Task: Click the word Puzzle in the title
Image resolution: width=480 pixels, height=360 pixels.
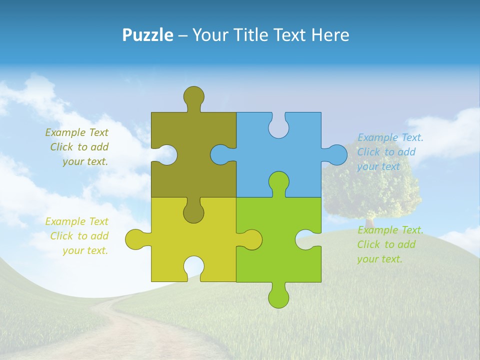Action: coord(147,35)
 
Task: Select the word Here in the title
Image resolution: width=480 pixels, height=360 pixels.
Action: coord(330,35)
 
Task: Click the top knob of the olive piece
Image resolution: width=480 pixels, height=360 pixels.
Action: coord(194,96)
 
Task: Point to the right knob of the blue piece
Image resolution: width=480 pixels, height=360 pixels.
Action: coord(336,154)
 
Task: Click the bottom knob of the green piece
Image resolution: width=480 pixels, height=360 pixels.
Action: coord(278,297)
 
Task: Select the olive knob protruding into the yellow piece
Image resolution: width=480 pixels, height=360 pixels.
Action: coord(194,212)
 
